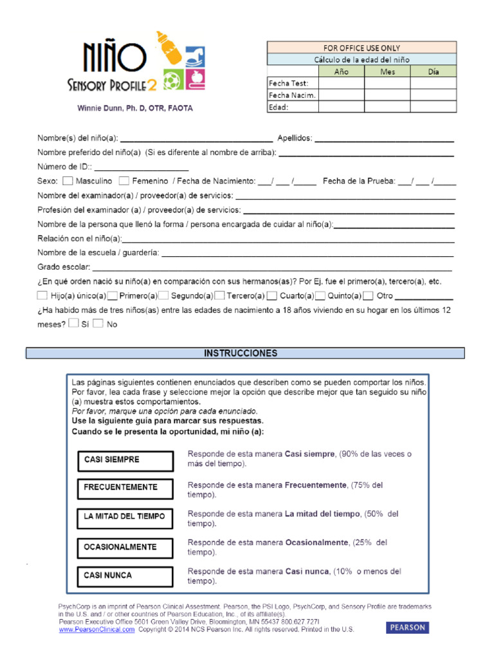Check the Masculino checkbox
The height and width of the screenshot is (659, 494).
(x=68, y=181)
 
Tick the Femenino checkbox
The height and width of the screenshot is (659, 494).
(x=124, y=181)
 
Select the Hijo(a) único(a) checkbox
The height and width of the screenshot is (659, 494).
(x=42, y=296)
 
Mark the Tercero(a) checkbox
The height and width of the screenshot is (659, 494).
(x=220, y=296)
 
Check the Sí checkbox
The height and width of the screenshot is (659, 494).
(x=73, y=324)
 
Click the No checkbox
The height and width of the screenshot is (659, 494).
(x=98, y=324)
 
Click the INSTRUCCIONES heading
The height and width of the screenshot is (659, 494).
(x=241, y=353)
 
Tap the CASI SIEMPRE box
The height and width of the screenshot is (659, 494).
(x=125, y=460)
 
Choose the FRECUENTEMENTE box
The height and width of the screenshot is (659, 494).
(x=125, y=487)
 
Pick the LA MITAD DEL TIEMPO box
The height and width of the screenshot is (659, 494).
(x=125, y=516)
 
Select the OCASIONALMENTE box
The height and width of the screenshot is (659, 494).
(x=125, y=547)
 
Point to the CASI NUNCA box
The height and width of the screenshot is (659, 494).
(x=125, y=575)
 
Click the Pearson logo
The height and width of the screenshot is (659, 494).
(x=407, y=627)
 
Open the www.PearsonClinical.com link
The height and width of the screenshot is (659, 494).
(x=96, y=630)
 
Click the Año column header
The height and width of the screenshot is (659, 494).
(x=341, y=71)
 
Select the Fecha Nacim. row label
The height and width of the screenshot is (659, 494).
(x=292, y=95)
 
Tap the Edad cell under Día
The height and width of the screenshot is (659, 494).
(x=434, y=107)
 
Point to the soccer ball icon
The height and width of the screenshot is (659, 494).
(x=173, y=80)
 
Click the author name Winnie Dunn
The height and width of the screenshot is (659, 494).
(x=134, y=108)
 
